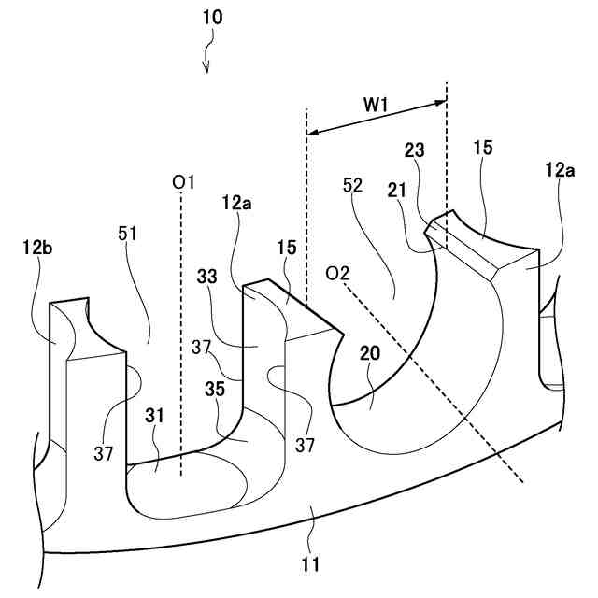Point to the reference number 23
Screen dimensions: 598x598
point(415,149)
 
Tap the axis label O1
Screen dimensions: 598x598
point(183,182)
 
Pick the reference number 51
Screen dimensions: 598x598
point(127,234)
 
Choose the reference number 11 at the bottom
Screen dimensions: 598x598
point(311,563)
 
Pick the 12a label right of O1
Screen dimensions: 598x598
point(237,201)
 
